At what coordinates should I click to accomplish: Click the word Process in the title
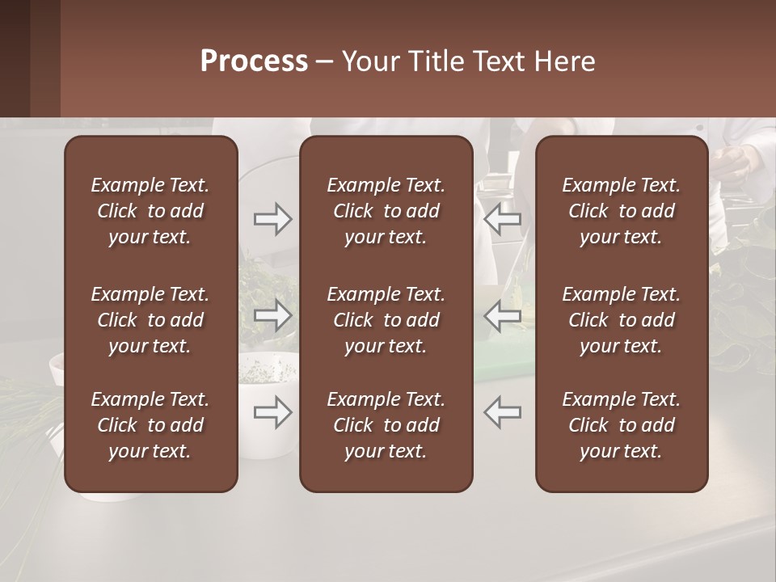pyautogui.click(x=254, y=61)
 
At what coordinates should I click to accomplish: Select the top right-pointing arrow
pyautogui.click(x=272, y=219)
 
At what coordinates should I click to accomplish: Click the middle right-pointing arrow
pyautogui.click(x=272, y=315)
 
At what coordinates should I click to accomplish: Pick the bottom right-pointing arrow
pyautogui.click(x=272, y=412)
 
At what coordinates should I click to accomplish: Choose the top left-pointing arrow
pyautogui.click(x=503, y=219)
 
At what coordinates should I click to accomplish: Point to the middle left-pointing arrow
pyautogui.click(x=503, y=315)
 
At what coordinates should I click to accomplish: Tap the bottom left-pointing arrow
pyautogui.click(x=503, y=412)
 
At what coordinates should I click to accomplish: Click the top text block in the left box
pyautogui.click(x=150, y=211)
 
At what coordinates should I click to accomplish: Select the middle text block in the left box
pyautogui.click(x=150, y=320)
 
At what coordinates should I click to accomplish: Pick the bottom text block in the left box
pyautogui.click(x=150, y=425)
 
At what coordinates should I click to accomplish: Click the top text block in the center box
pyautogui.click(x=386, y=211)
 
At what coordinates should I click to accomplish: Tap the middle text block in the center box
pyautogui.click(x=386, y=320)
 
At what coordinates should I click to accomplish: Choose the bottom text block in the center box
pyautogui.click(x=386, y=425)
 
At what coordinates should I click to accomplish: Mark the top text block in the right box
pyautogui.click(x=621, y=211)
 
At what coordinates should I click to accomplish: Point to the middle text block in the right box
pyautogui.click(x=621, y=320)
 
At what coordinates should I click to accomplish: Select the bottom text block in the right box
pyautogui.click(x=621, y=425)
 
